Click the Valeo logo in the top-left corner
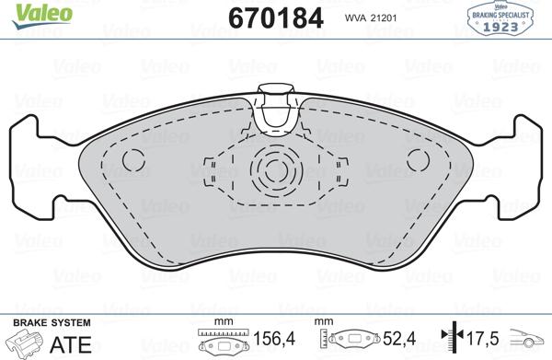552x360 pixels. [x=26, y=11]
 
